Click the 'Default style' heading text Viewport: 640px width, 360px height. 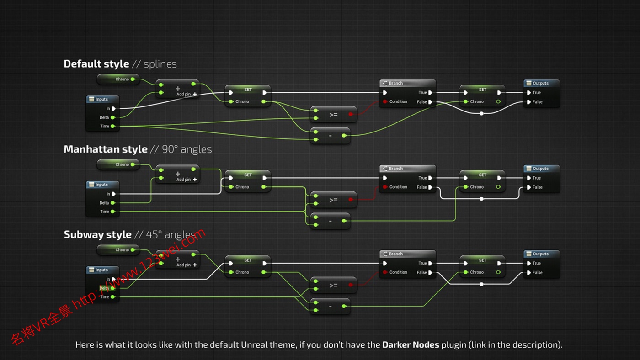pos(96,64)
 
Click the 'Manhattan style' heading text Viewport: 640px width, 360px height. pos(106,149)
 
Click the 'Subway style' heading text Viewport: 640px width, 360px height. pos(97,235)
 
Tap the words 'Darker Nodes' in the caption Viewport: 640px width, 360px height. pos(410,344)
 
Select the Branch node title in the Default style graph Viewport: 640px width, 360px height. pos(396,83)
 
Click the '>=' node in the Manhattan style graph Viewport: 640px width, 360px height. pos(333,200)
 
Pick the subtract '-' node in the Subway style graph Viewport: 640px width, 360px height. pos(330,306)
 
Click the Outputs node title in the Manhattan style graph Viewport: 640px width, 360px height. pos(540,169)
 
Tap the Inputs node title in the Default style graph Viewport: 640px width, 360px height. pos(101,99)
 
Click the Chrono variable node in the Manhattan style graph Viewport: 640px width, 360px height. pos(122,164)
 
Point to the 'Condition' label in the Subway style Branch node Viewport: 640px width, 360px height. pos(398,272)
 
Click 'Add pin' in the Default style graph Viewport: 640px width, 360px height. pos(184,95)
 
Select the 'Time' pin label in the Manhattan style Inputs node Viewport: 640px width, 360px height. pos(105,212)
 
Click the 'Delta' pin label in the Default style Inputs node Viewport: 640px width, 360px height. pos(104,117)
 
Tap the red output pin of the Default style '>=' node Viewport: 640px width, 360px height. pos(351,114)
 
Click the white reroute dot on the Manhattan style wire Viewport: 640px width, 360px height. pos(481,199)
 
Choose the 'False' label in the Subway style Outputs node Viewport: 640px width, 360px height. pos(537,272)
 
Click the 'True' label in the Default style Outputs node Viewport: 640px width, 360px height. pos(537,93)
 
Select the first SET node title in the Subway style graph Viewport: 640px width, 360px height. pos(248,260)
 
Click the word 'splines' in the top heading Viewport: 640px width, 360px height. pos(160,64)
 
